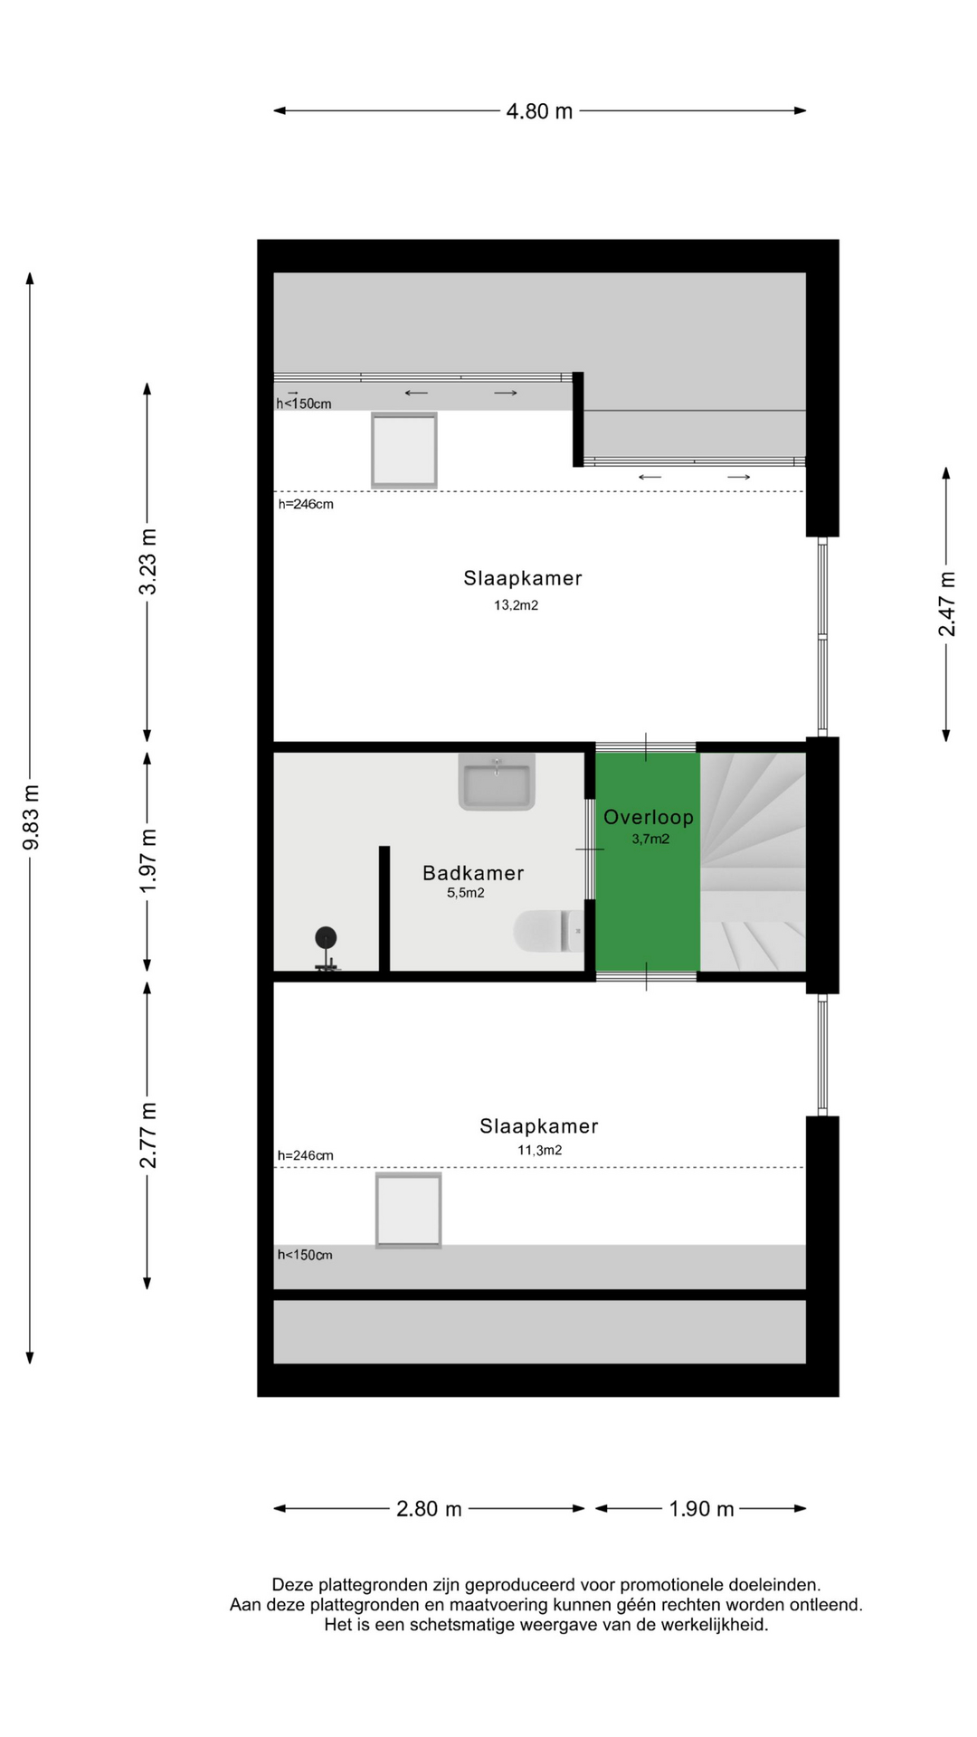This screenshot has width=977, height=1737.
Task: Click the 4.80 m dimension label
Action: click(539, 111)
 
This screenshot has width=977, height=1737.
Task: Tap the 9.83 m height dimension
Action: click(31, 818)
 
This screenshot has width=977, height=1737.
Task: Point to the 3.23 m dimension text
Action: click(147, 562)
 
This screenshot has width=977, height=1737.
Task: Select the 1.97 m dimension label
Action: click(147, 860)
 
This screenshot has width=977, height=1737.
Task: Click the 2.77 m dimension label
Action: click(147, 1135)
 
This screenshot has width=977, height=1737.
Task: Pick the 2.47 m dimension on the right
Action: click(946, 604)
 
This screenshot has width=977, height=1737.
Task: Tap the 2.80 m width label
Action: click(429, 1509)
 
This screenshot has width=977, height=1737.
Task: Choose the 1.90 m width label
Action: click(701, 1509)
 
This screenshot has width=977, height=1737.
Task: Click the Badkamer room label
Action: click(473, 873)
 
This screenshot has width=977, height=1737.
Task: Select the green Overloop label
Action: click(649, 817)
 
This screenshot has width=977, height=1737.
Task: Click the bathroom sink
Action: click(497, 782)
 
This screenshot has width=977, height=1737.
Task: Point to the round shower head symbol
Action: click(326, 937)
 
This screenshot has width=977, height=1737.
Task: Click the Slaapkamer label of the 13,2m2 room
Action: click(523, 578)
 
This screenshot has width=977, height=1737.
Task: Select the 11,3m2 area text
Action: click(540, 1151)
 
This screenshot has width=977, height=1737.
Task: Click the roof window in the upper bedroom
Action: click(404, 451)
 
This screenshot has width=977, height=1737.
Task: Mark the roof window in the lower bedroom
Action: click(409, 1210)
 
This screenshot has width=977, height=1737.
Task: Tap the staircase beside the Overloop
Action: click(753, 862)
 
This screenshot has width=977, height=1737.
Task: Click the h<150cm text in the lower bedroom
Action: click(305, 1255)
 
